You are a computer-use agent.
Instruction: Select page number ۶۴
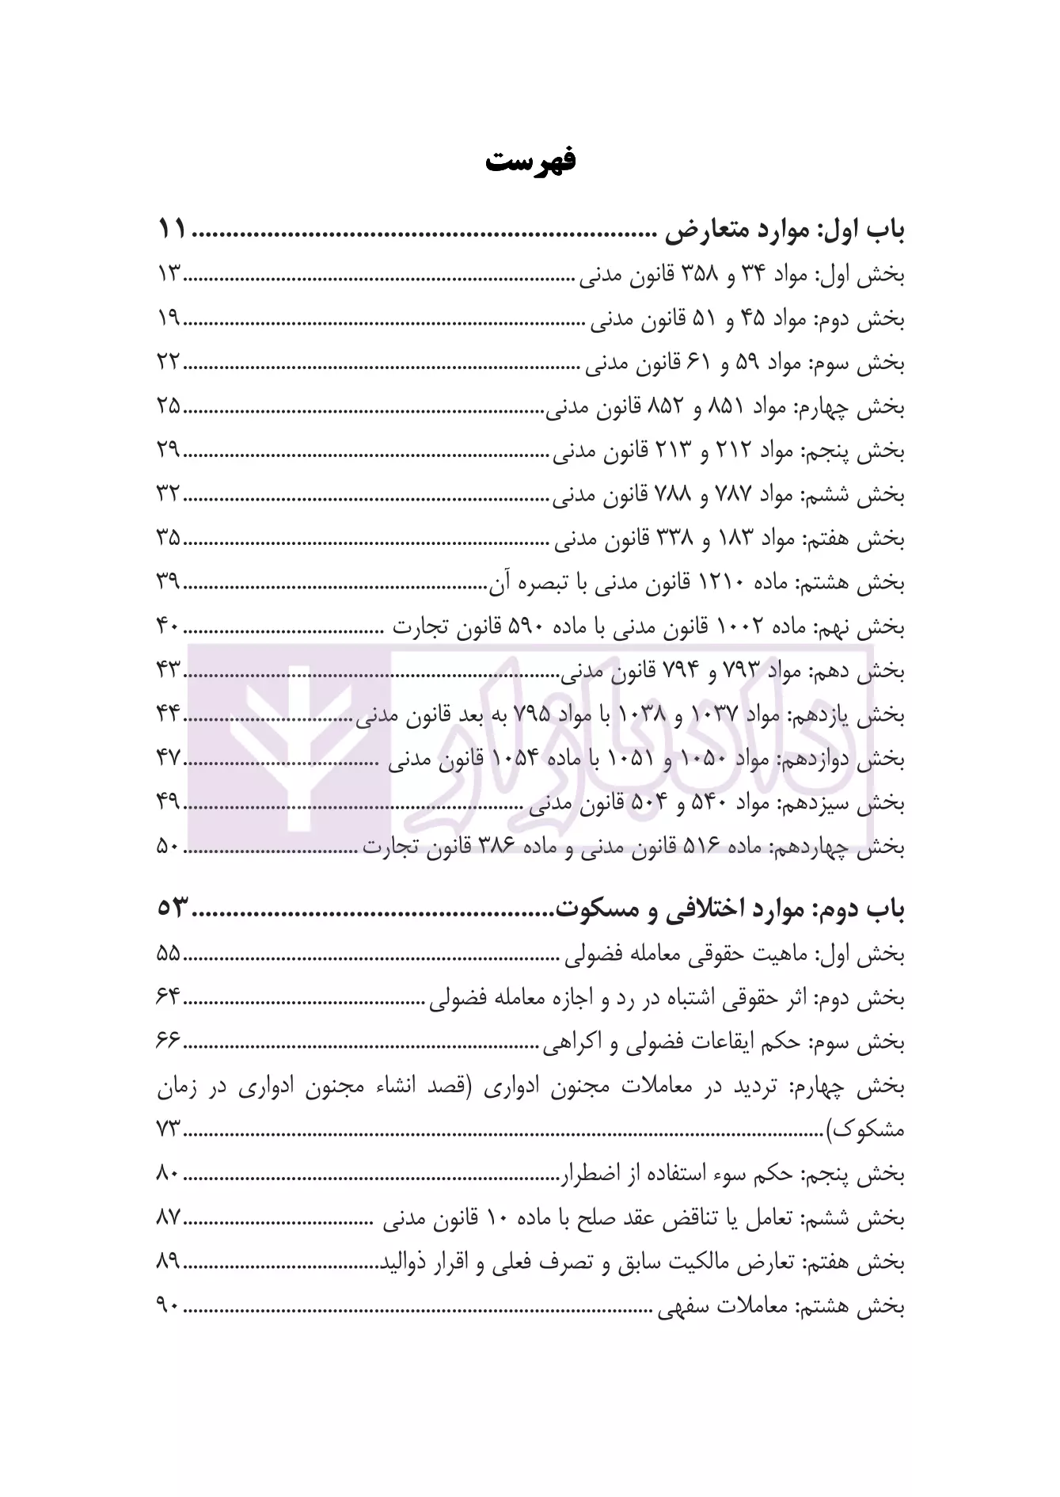tap(169, 999)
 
